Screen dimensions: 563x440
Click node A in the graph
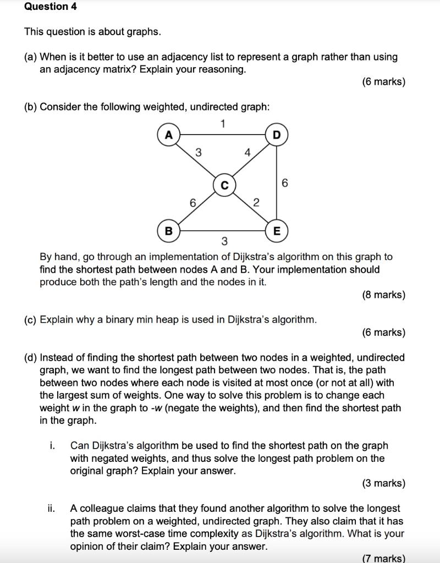169,135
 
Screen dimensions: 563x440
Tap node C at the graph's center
224,186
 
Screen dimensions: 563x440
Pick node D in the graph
276,135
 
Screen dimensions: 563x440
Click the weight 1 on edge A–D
223,124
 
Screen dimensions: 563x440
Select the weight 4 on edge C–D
248,153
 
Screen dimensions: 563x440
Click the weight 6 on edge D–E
284,183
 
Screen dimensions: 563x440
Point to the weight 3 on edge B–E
224,241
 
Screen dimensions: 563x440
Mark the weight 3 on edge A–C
199,152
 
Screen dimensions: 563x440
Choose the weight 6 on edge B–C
193,203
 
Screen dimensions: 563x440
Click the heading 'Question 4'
51,7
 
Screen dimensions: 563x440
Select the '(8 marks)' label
383,295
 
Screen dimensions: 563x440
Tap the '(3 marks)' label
383,483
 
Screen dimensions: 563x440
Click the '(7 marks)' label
383,558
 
